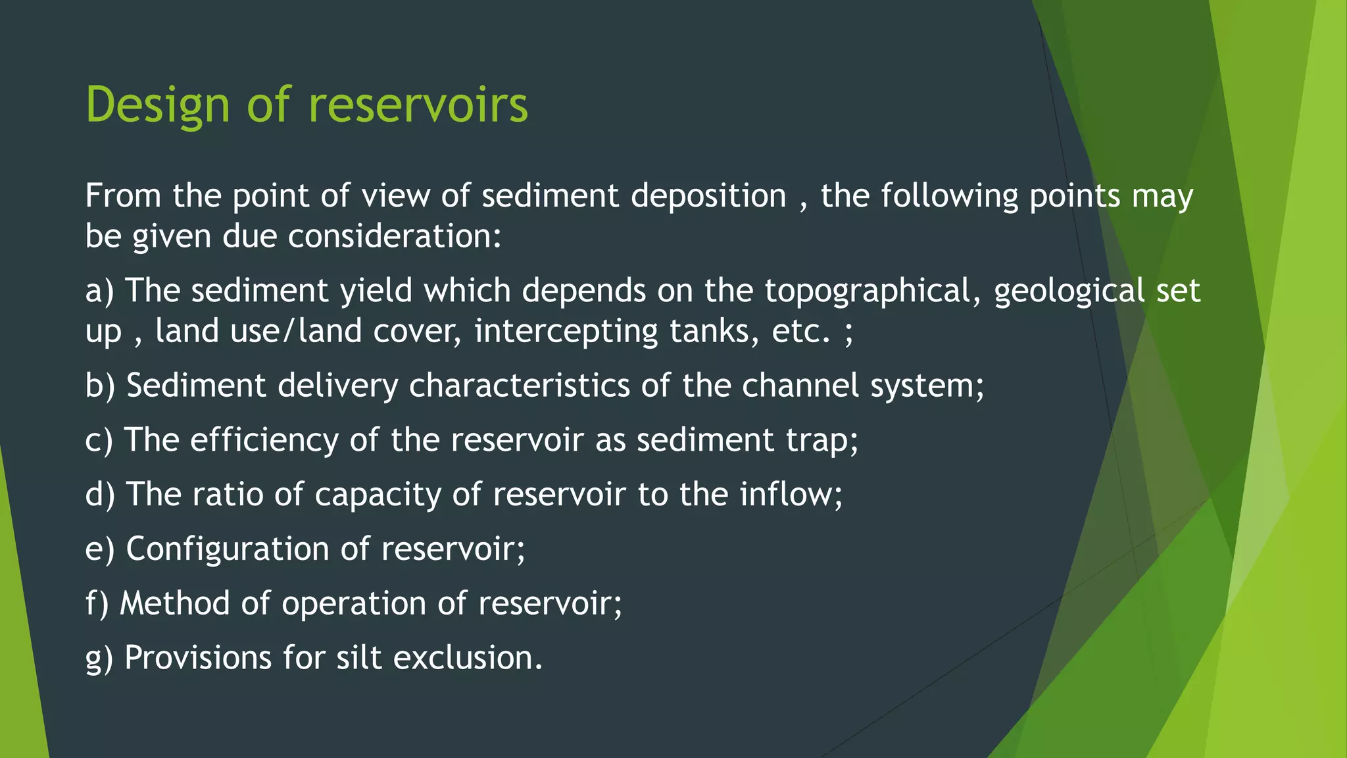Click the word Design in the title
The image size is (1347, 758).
[x=157, y=105]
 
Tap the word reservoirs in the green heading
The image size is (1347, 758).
[x=418, y=105]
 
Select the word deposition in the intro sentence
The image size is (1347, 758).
[x=708, y=196]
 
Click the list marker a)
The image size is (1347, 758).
[x=99, y=291]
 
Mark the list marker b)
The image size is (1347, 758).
[x=100, y=386]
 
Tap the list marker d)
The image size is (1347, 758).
[x=100, y=494]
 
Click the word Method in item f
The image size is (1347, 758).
[x=174, y=603]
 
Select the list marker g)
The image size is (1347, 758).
[x=99, y=658]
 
